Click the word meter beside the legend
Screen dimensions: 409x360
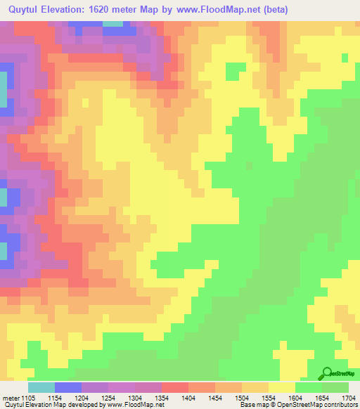11,398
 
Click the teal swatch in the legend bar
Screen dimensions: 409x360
41,387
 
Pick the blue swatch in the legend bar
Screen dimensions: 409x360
68,387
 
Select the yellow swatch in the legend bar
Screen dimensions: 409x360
282,387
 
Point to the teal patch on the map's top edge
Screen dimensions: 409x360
112,23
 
